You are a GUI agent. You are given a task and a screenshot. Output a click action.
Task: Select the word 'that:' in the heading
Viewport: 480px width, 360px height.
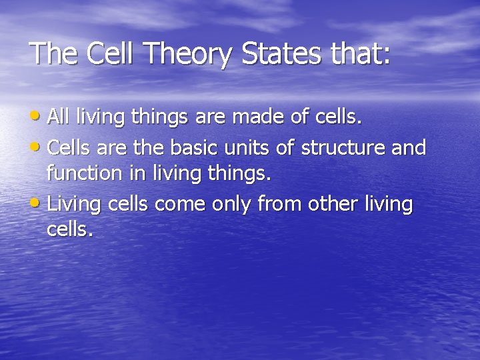point(361,53)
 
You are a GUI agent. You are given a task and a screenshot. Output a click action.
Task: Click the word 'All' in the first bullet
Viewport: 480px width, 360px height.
point(59,118)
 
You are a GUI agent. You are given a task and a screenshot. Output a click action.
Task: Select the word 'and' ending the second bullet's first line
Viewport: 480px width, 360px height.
point(409,147)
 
